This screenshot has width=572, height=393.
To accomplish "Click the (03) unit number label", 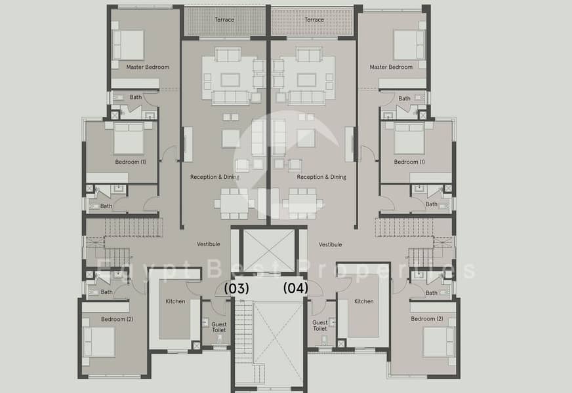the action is click(x=236, y=288).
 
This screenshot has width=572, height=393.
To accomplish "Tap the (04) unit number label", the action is click(x=295, y=288).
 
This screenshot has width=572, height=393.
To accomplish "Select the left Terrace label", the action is click(x=224, y=20).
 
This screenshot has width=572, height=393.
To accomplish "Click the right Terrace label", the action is click(x=314, y=20).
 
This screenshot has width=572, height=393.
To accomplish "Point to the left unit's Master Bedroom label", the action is click(x=148, y=67).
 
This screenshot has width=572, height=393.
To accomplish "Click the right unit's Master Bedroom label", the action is click(x=391, y=67).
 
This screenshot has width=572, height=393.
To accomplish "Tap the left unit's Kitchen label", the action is click(x=175, y=301).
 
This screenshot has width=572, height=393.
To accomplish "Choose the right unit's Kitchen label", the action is click(x=363, y=301).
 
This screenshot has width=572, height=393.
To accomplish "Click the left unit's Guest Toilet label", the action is click(x=219, y=327).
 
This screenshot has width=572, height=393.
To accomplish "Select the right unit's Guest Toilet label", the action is click(x=320, y=326).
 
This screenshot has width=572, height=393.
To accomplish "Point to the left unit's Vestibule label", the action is click(x=209, y=244).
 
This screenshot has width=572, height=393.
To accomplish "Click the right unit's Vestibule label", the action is click(x=331, y=244).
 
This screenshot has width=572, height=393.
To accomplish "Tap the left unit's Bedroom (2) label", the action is click(x=117, y=319).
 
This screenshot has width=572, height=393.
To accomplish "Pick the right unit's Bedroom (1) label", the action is click(x=409, y=162).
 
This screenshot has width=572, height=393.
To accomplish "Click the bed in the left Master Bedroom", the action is click(x=128, y=45).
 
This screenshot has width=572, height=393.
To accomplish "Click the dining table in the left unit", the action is click(x=234, y=204).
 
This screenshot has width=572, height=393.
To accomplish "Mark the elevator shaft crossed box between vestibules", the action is click(x=269, y=250).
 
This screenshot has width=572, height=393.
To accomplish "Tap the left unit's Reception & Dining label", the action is click(x=214, y=177).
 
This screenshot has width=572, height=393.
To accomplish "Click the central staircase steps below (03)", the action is click(x=243, y=331).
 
